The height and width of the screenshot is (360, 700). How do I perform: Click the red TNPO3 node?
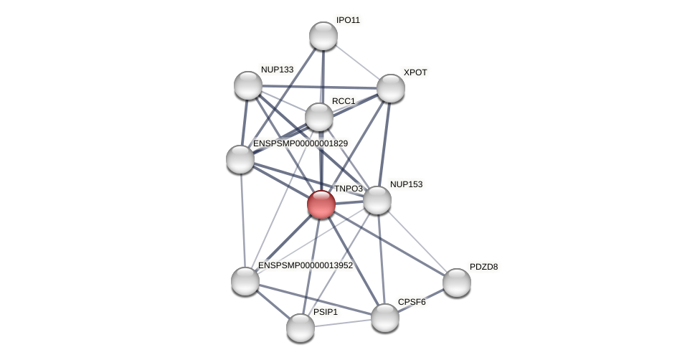321,204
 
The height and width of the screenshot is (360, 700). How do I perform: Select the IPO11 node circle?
323,36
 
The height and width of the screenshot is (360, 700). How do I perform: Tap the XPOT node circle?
391,88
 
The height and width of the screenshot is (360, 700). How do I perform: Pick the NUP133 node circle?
248,85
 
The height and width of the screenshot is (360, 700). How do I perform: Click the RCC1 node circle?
319,117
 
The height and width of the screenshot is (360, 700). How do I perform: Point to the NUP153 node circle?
377,200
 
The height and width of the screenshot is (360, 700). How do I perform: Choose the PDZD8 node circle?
457,283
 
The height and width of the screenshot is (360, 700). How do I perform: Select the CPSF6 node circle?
385,318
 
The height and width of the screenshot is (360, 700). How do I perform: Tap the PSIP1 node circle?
301,328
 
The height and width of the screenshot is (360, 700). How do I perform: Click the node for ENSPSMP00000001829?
240,159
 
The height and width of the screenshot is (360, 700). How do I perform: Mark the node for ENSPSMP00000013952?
245,281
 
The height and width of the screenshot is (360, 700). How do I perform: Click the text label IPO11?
348,20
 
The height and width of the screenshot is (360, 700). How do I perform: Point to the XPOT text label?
415,72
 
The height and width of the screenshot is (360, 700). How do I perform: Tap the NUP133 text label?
277,70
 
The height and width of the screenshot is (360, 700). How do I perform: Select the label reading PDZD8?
483,267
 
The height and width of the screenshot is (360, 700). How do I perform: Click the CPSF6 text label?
412,302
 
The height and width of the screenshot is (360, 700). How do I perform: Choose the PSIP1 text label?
325,312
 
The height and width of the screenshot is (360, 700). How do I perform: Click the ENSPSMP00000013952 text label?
306,265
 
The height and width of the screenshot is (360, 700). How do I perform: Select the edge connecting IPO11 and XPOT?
357,62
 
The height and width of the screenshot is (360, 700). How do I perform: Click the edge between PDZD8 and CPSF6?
421,300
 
